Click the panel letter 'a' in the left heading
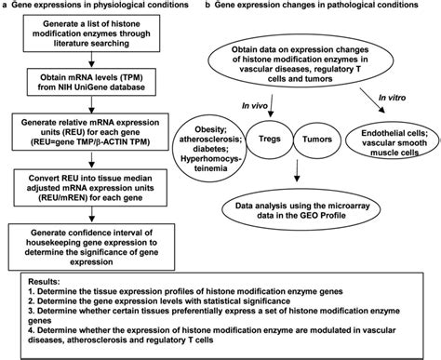pos(6,7)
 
